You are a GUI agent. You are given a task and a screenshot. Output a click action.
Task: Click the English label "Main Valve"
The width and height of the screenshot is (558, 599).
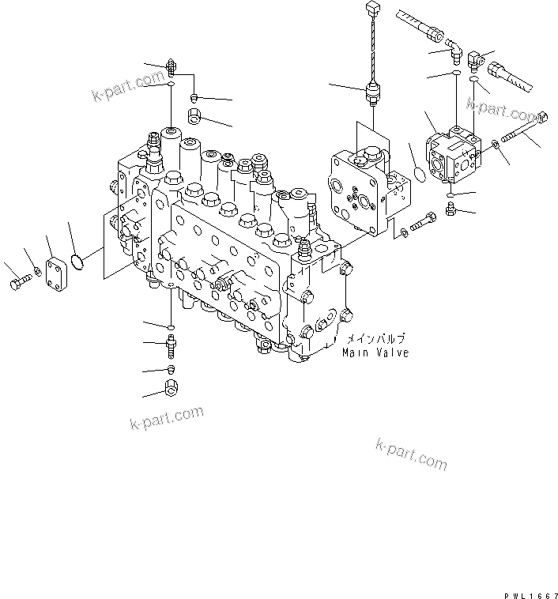[x=375, y=352]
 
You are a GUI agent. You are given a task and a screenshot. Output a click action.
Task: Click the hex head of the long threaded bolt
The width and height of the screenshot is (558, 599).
[x=542, y=119]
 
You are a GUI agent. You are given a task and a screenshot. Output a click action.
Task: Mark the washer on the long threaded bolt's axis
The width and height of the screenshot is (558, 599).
[x=494, y=144]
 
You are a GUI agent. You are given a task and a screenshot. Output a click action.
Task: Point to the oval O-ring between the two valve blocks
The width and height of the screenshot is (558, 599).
[x=417, y=173]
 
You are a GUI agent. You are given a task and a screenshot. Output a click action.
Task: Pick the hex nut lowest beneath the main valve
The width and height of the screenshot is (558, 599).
[x=172, y=387]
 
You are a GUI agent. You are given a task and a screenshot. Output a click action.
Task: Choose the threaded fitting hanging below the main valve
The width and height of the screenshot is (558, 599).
[x=171, y=345]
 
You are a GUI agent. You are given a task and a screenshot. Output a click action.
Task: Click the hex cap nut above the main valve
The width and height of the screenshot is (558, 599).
[x=195, y=117]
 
